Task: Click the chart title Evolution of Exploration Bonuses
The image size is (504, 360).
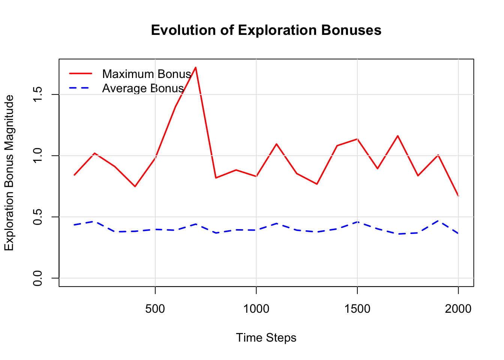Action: click(x=266, y=30)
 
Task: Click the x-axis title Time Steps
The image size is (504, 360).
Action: click(x=266, y=338)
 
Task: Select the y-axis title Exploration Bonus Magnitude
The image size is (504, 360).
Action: click(x=9, y=173)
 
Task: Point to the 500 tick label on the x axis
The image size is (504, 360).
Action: click(x=155, y=309)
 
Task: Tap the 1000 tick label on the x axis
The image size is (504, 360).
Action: click(x=256, y=309)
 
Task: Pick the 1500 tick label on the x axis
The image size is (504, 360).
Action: click(x=357, y=309)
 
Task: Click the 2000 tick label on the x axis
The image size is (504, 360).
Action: click(x=458, y=309)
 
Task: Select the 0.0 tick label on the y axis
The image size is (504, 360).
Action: click(x=38, y=278)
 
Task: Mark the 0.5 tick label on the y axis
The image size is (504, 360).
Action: click(x=38, y=217)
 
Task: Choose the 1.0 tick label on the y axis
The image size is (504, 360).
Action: click(x=38, y=156)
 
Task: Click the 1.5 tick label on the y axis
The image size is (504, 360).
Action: click(x=38, y=94)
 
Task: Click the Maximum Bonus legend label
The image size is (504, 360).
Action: click(x=147, y=74)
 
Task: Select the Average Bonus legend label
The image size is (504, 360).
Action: click(x=143, y=88)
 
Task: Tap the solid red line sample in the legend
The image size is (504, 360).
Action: click(x=80, y=74)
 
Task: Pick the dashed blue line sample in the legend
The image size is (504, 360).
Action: click(x=80, y=88)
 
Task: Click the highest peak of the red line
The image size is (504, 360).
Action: click(x=196, y=67)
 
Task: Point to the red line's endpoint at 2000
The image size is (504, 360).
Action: click(x=458, y=196)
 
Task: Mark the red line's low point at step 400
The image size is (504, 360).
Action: click(x=135, y=186)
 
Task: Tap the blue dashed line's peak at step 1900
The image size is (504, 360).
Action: click(x=438, y=220)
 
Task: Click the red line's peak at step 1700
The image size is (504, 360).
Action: click(x=397, y=136)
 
